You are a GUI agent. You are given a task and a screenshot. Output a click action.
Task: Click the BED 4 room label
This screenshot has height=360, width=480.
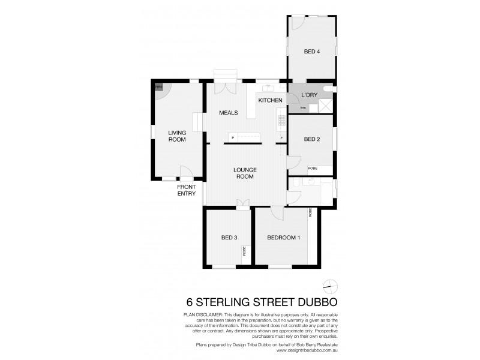click(311, 52)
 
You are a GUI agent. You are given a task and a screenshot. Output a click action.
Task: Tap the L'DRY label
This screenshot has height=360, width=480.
click(309, 95)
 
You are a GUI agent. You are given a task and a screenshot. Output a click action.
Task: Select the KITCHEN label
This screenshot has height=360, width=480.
click(270, 100)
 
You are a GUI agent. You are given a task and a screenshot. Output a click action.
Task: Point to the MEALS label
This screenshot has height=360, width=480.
click(228, 113)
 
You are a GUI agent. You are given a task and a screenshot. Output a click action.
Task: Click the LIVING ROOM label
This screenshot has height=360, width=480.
click(177, 136)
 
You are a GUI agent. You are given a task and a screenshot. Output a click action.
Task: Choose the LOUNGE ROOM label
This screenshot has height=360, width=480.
click(245, 173)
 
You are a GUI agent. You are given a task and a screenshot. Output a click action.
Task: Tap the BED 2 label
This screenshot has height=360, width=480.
click(311, 139)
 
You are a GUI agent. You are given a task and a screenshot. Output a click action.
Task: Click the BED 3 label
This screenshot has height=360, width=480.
click(229, 238)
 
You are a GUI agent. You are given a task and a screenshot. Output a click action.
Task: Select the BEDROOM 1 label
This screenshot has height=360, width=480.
click(283, 238)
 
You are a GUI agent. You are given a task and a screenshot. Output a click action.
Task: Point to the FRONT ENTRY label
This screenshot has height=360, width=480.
click(186, 190)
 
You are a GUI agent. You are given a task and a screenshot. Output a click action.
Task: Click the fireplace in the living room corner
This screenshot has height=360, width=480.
click(159, 88)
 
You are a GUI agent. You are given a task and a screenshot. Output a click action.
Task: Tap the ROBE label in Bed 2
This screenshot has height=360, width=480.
click(313, 169)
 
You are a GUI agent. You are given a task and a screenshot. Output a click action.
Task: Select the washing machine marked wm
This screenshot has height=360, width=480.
click(304, 107)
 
